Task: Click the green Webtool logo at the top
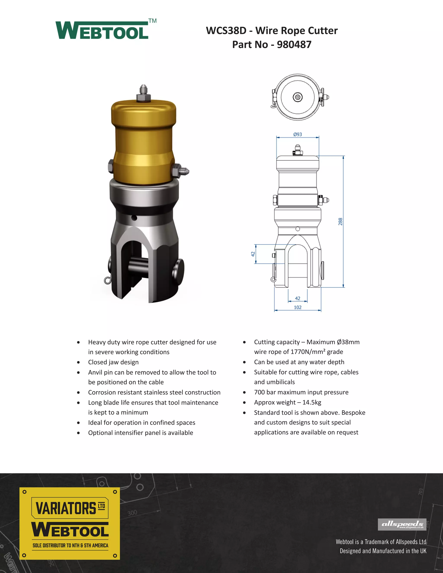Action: pos(102,31)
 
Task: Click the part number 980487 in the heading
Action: pos(294,45)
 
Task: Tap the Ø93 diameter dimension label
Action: pos(298,134)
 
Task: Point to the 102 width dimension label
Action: pos(298,307)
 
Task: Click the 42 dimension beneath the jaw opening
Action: pos(298,298)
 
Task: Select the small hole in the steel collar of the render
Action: pos(134,218)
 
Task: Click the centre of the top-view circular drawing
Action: pos(298,97)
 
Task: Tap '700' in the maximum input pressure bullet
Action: pos(259,392)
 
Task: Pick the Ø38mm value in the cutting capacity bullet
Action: pos(348,342)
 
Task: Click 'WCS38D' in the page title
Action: pos(226,31)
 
